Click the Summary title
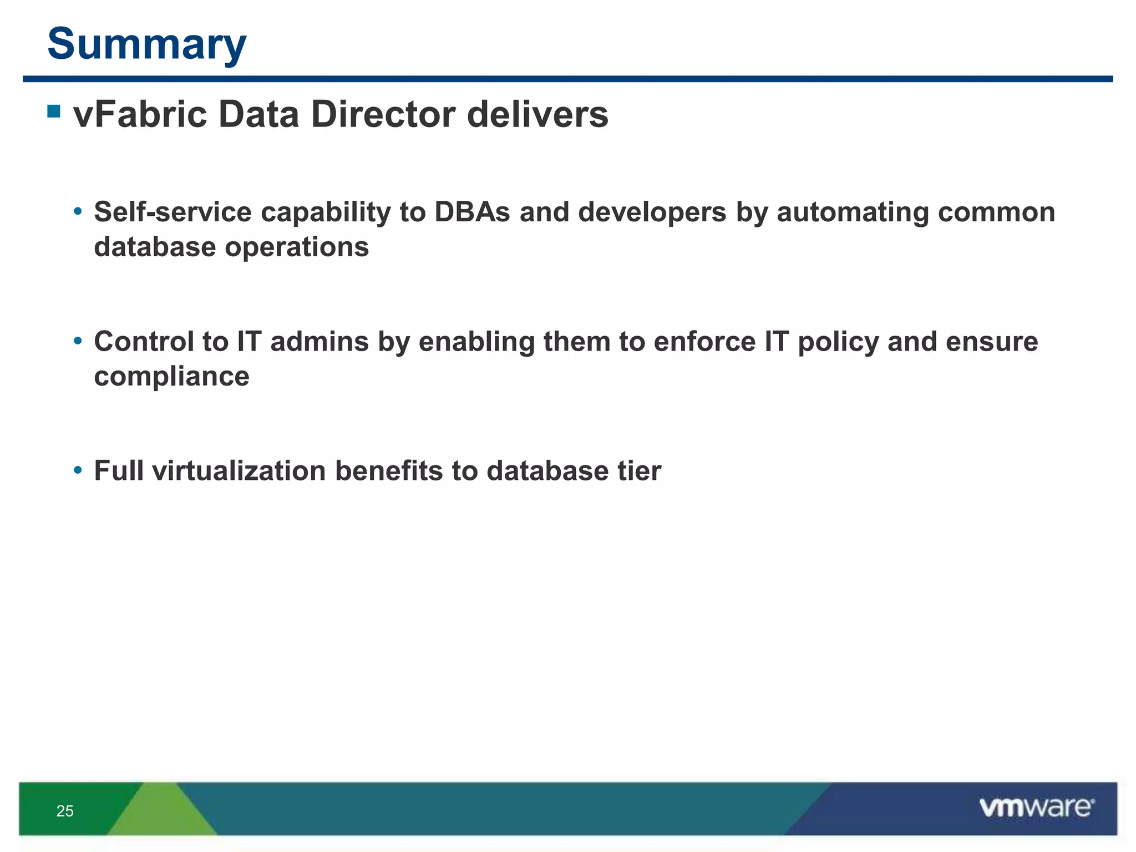147,44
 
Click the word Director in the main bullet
383,115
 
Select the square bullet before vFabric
54,111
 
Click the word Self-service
173,212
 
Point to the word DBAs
471,212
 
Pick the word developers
652,212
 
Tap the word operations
297,247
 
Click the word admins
319,342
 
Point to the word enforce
704,342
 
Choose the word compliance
171,377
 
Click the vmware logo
1036,808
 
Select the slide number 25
65,812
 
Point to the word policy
838,342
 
